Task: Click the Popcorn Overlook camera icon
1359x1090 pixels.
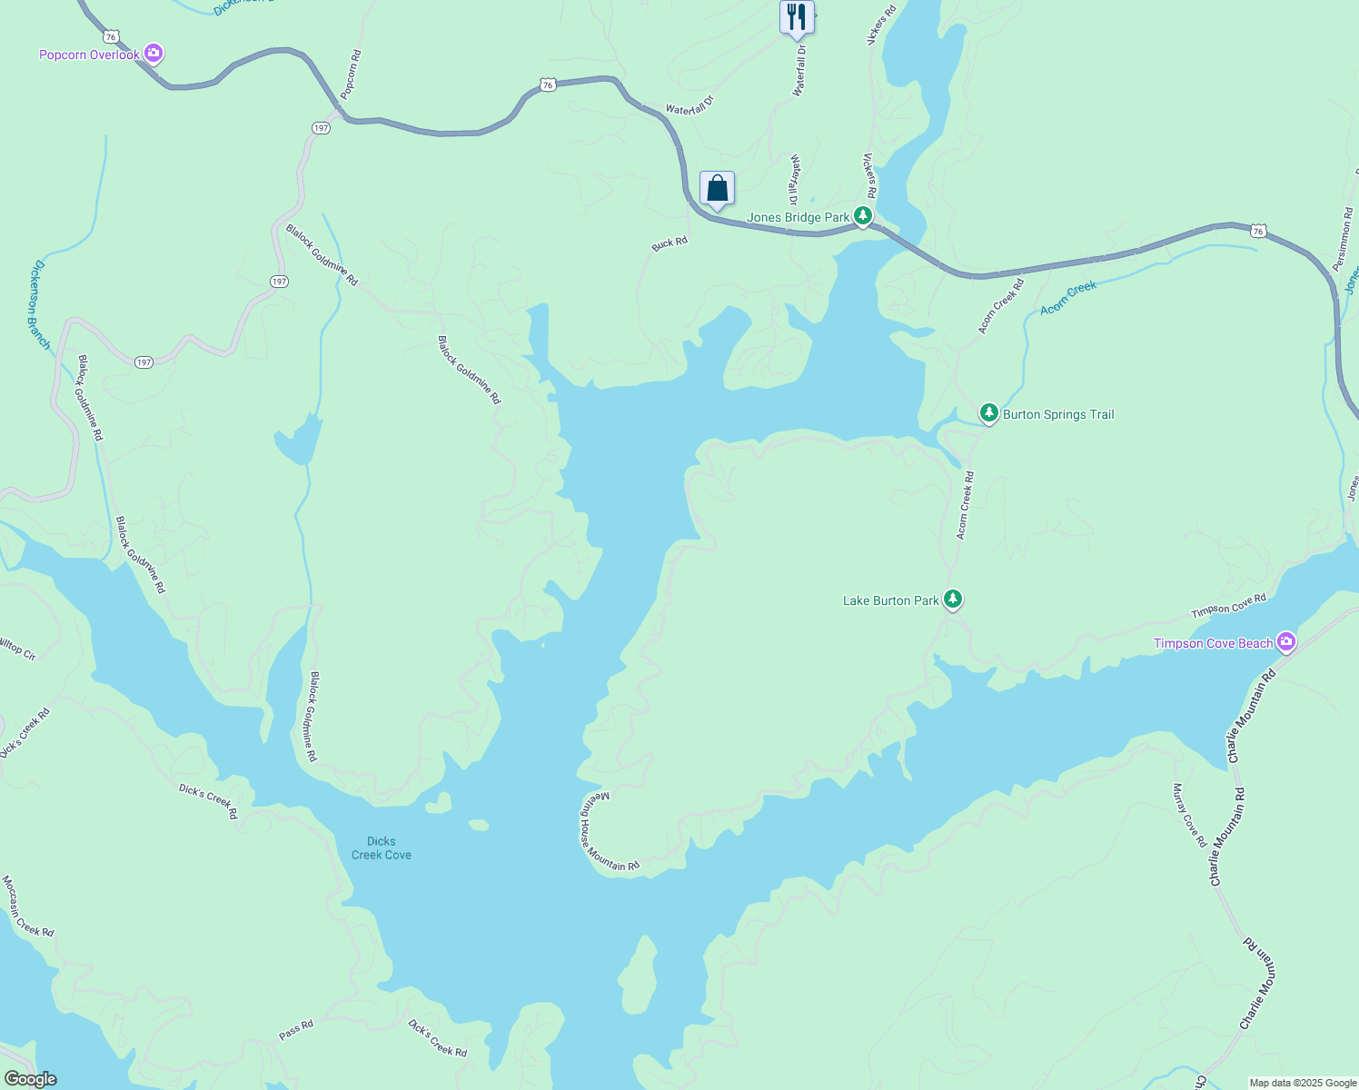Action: click(x=154, y=54)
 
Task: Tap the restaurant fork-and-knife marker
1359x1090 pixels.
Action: click(x=797, y=16)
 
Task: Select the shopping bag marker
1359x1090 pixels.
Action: click(x=717, y=189)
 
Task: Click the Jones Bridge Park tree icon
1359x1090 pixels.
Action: click(x=863, y=216)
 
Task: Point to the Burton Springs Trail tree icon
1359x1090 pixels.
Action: click(x=988, y=413)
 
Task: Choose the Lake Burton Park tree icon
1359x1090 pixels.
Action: click(x=952, y=599)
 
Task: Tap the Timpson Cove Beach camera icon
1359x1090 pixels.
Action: click(x=1285, y=642)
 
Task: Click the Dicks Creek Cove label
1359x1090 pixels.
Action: click(x=382, y=847)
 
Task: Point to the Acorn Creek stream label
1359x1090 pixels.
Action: click(x=1068, y=297)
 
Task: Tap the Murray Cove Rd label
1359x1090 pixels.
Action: click(x=1189, y=815)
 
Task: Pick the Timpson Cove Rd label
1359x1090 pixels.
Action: click(x=1228, y=607)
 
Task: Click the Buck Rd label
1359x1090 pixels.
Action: click(x=670, y=243)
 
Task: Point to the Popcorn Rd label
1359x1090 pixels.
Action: click(x=351, y=74)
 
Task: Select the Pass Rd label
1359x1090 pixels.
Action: click(x=296, y=1030)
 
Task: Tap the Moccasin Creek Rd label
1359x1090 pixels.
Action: click(x=27, y=906)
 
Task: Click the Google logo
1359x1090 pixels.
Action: click(x=30, y=1079)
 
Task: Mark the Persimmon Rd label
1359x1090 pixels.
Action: click(x=1344, y=239)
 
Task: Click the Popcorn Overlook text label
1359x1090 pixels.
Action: click(x=89, y=55)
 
